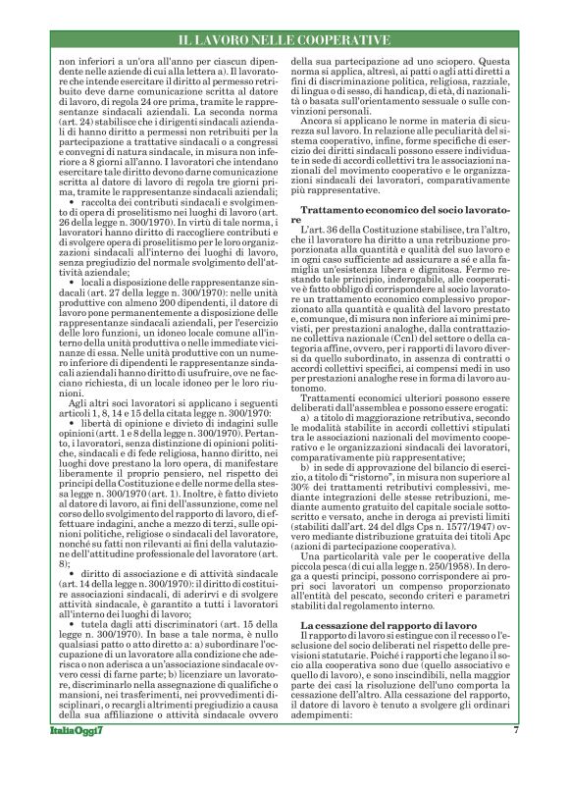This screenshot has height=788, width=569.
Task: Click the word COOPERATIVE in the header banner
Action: click(x=343, y=39)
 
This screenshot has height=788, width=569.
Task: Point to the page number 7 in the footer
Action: click(x=516, y=758)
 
